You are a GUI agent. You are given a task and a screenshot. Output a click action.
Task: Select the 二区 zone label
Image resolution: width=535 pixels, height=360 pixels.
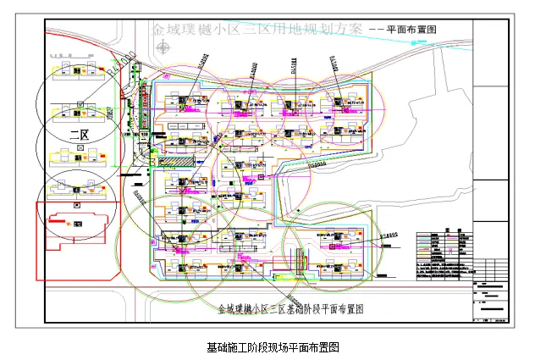pos(80,134)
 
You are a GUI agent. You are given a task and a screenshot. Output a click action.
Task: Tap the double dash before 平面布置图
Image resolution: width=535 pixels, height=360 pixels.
pos(373,29)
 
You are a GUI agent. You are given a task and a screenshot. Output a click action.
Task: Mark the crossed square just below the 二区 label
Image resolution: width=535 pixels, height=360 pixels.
pos(80,147)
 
